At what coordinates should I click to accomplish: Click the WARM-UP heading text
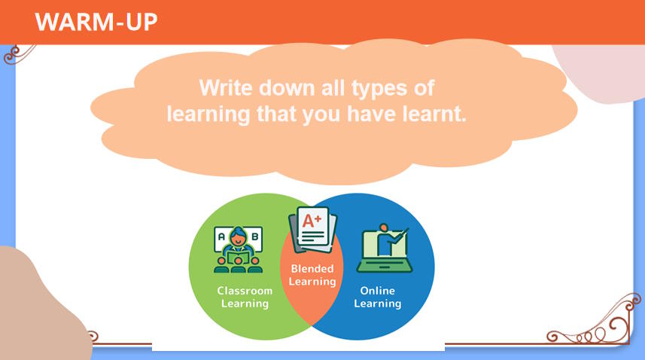[96, 22]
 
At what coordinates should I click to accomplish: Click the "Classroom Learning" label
[245, 297]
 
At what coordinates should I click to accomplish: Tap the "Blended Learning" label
[312, 275]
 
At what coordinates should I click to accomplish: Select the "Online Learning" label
[378, 297]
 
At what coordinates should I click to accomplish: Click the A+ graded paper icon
[312, 230]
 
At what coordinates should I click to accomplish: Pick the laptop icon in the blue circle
[384, 250]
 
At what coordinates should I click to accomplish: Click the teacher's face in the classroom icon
[237, 238]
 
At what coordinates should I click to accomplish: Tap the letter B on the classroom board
[254, 236]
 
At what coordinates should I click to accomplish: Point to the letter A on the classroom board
[221, 236]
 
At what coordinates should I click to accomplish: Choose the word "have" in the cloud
[372, 114]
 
